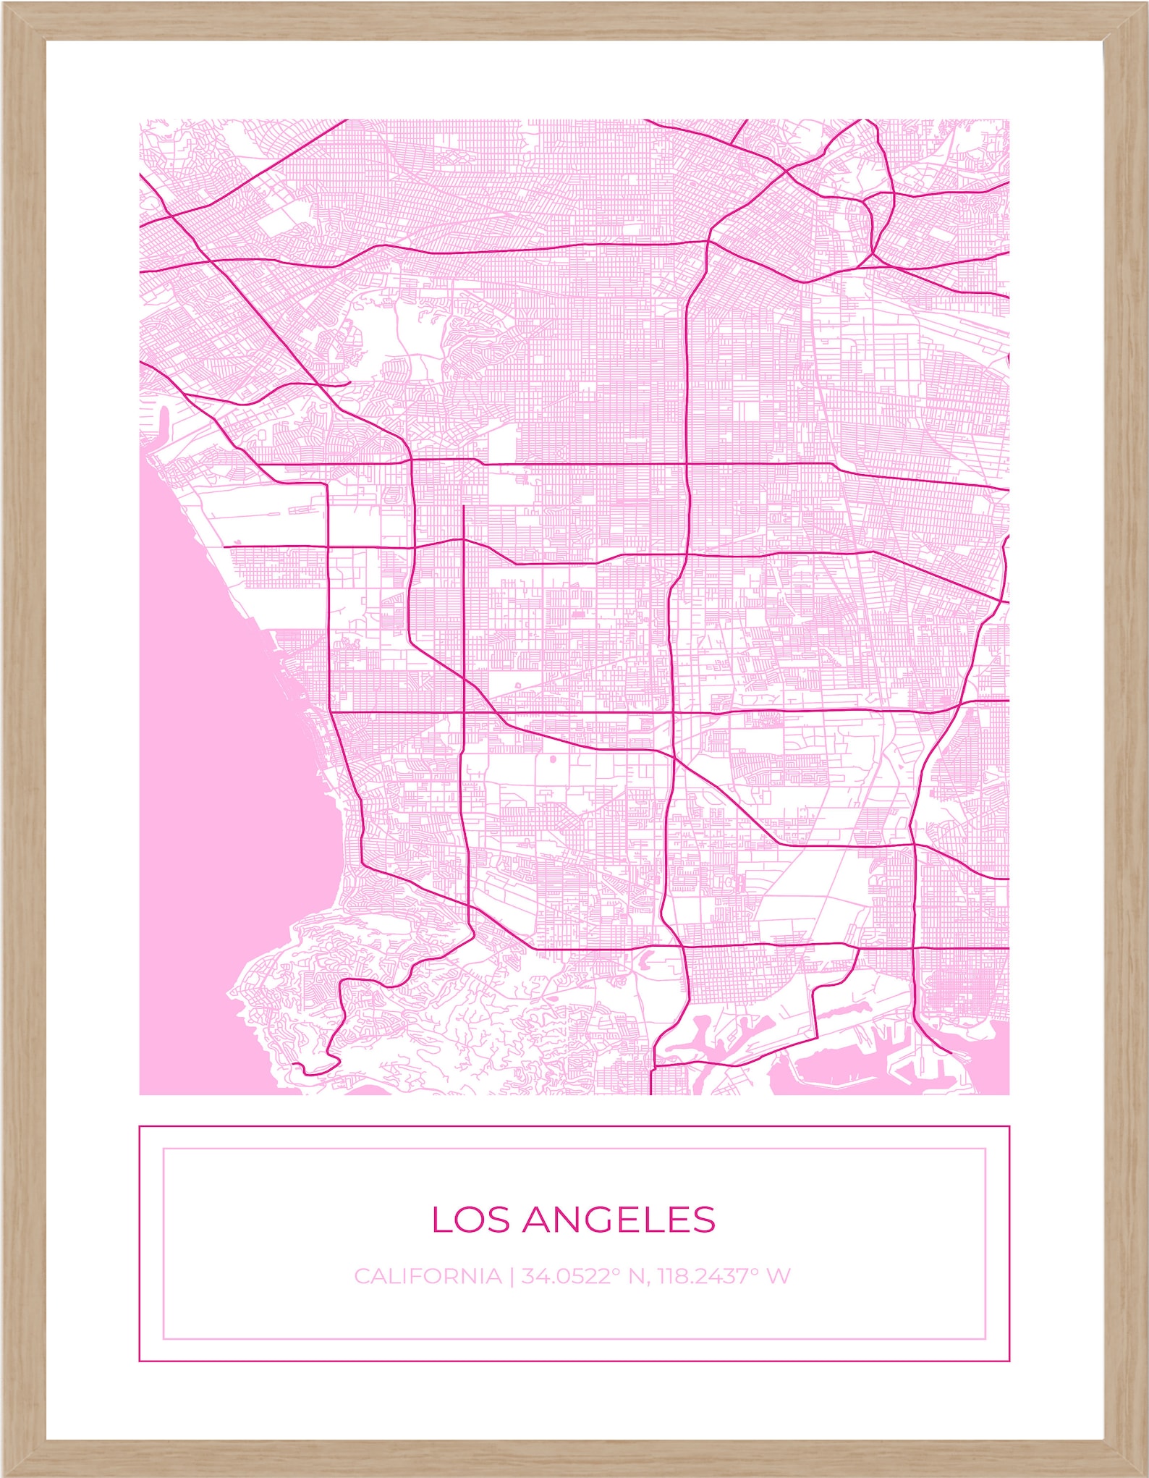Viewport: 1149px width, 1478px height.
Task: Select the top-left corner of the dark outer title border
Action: (140, 1126)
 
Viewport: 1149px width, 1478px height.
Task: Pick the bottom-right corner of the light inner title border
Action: (985, 1338)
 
